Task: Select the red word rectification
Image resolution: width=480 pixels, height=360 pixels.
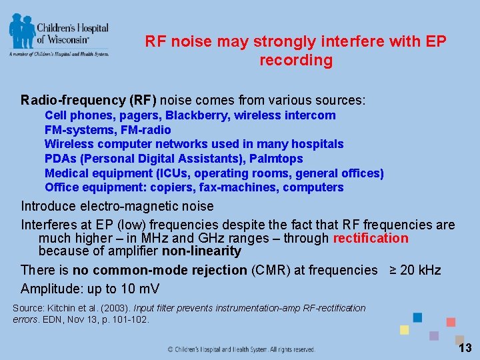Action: pos(371,239)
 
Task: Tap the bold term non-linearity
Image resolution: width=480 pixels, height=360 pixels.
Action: pos(201,251)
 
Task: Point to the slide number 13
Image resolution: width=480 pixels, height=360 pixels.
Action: pos(465,348)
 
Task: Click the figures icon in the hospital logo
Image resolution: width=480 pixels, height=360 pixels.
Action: pos(22,30)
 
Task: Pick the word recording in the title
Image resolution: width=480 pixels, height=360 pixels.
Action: pos(296,61)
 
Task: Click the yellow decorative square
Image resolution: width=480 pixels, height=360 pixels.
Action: pos(404,330)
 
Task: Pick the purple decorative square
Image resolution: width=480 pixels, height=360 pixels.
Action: pos(434,336)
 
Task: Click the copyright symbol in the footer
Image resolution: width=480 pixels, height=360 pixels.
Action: pos(170,349)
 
